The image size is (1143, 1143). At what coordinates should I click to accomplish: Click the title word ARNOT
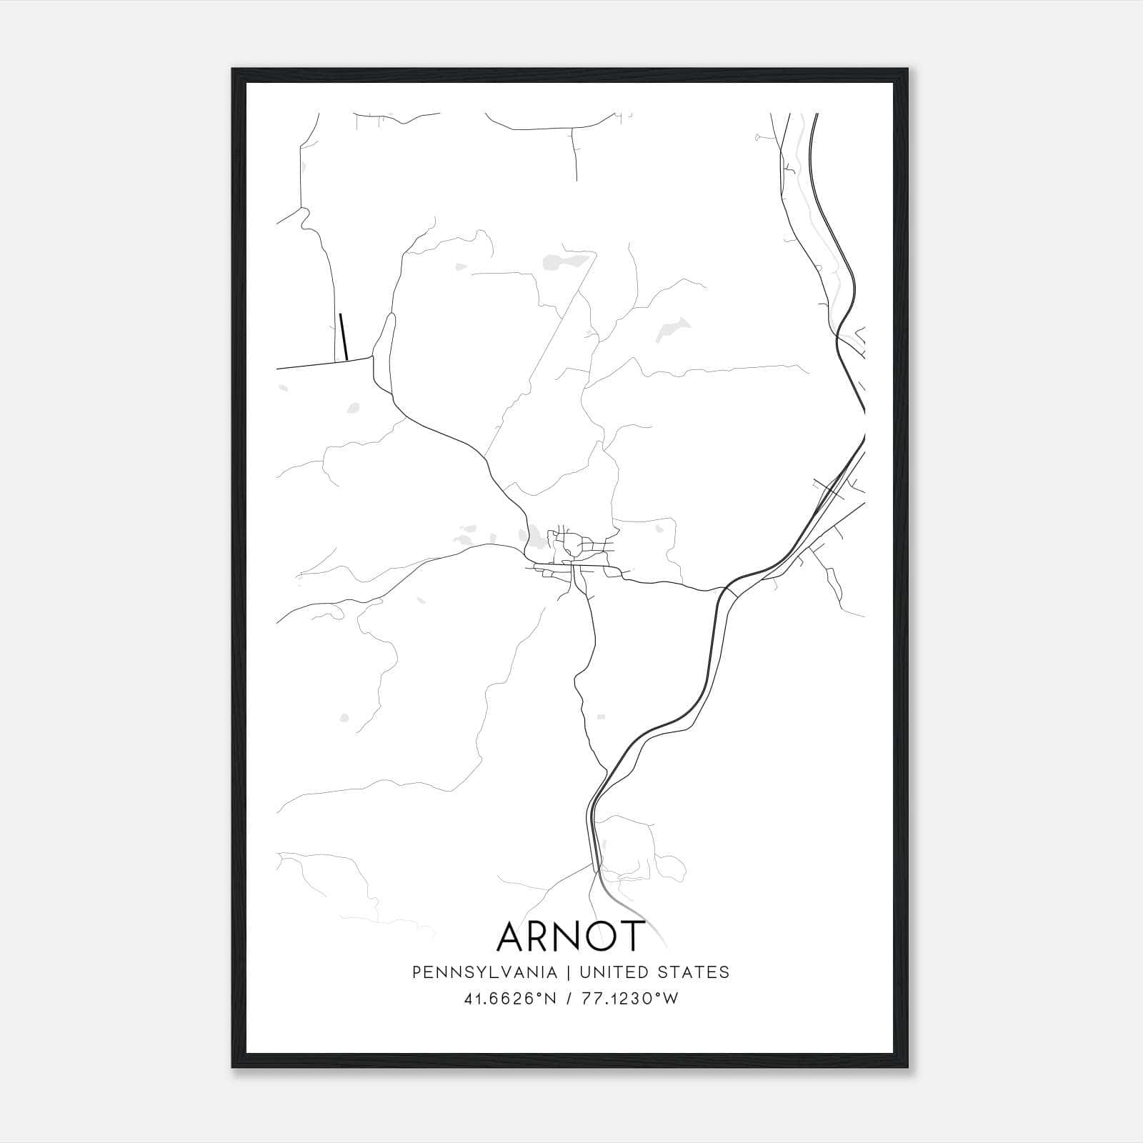(x=571, y=936)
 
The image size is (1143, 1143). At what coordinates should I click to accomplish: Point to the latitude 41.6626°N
(x=510, y=999)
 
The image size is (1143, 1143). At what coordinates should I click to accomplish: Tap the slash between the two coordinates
(x=569, y=999)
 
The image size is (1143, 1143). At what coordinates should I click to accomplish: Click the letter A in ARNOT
(x=513, y=937)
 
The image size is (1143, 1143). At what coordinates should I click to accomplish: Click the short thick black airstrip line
(x=344, y=336)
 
